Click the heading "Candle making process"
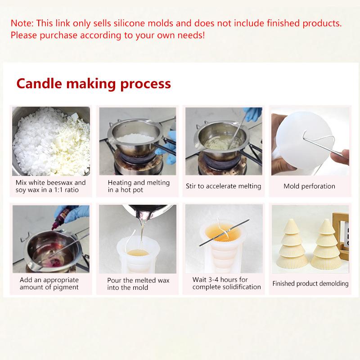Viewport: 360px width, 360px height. tap(94, 84)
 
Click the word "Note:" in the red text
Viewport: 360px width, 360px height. tap(22, 23)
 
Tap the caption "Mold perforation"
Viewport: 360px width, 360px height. tap(309, 186)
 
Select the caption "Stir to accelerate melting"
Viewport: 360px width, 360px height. tap(223, 186)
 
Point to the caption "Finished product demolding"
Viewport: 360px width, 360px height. tap(310, 283)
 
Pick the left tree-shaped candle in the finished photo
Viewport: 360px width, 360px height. tap(292, 244)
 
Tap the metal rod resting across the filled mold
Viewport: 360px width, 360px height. tap(224, 232)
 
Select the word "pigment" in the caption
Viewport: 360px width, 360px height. tap(66, 288)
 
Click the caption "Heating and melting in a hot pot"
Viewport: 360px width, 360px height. tap(139, 186)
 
